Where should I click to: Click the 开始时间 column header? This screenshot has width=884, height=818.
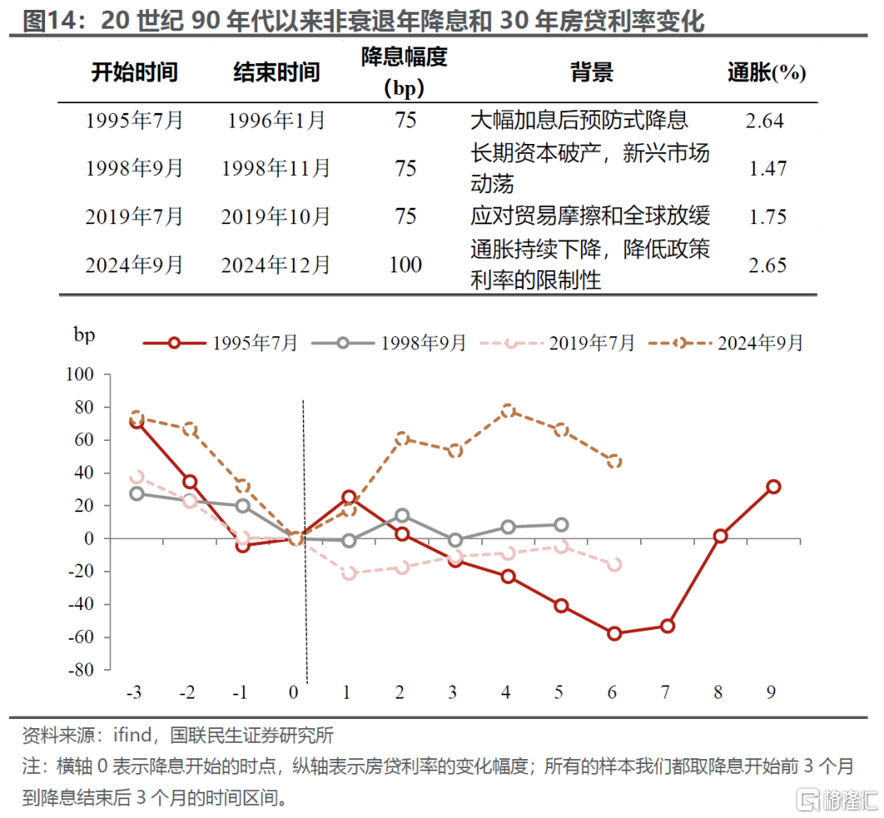134,72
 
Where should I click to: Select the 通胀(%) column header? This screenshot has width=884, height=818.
766,73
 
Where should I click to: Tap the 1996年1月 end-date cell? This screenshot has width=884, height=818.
276,121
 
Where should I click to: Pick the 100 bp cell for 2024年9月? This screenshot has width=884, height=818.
405,264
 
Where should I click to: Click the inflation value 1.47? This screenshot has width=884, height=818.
768,169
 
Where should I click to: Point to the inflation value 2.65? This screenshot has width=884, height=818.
766,265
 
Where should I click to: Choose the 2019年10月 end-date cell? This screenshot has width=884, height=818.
276,217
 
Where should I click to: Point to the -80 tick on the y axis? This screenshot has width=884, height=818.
80,670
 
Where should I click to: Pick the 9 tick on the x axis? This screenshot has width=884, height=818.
771,692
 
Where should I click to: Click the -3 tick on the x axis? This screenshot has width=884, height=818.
134,692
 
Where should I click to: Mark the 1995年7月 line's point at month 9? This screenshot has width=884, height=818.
773,487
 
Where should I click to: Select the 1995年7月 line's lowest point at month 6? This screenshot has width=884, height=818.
614,633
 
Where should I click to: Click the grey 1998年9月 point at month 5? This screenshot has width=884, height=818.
561,525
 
